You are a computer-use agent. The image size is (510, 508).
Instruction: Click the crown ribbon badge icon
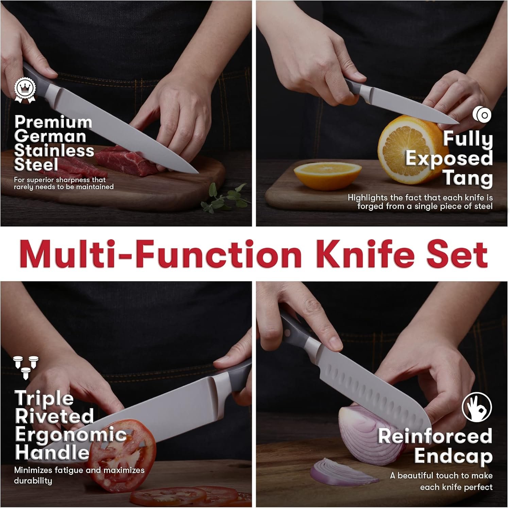(x=25, y=89)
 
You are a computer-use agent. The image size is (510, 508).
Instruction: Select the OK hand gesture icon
(x=477, y=407)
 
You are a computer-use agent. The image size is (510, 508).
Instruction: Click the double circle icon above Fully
(x=482, y=114)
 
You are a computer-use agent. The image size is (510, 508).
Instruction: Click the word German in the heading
(x=50, y=137)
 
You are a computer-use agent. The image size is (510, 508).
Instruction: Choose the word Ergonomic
(x=71, y=436)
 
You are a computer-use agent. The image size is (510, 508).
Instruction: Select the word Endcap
(x=453, y=456)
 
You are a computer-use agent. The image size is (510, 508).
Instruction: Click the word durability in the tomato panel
(x=33, y=480)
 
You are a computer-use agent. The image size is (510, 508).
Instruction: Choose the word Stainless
(x=54, y=151)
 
